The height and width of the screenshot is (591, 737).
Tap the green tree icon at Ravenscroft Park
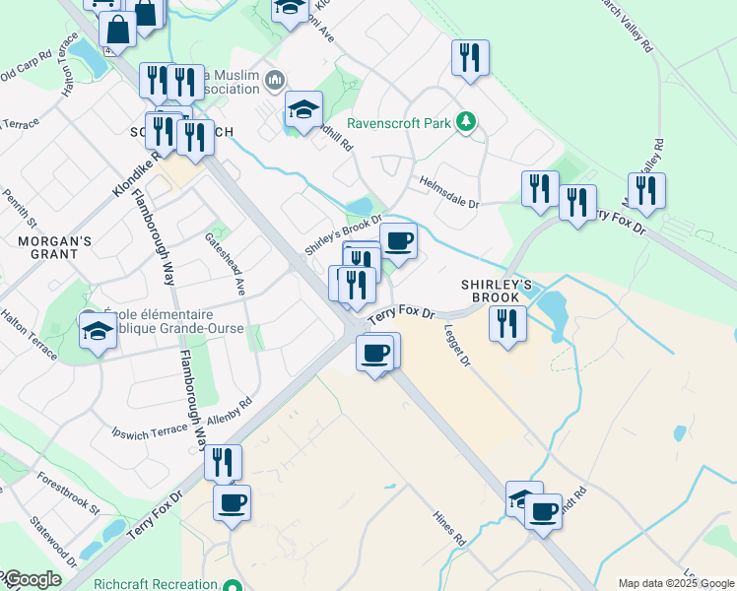466,123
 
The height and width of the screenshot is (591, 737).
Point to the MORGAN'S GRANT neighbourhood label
54,247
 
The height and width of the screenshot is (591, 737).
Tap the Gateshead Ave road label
224,263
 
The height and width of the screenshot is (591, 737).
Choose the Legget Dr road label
457,346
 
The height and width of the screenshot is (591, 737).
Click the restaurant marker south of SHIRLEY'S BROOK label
507,323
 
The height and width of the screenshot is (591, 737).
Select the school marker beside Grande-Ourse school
99,331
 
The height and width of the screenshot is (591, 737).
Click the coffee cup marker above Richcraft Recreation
233,503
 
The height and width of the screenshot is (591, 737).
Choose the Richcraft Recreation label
156,584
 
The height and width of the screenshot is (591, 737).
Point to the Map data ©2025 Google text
676,583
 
